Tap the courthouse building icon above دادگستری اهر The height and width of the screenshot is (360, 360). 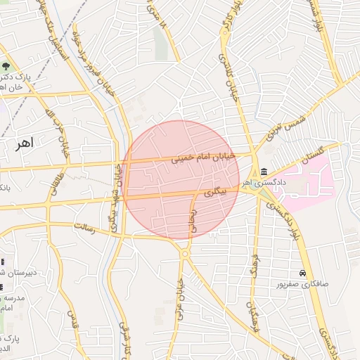click(264, 172)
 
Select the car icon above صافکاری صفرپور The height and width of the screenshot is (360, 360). click(302, 273)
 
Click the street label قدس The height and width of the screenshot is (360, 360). click(70, 320)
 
